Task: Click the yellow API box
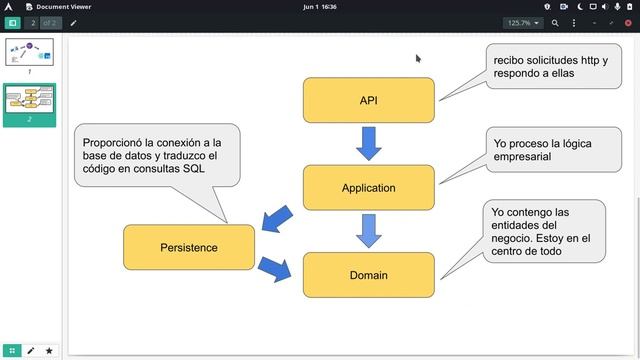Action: (369, 100)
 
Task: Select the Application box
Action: (369, 188)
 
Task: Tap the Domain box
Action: (369, 275)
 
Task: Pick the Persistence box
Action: (189, 247)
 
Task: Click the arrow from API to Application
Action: (369, 143)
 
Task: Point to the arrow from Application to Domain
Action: (369, 231)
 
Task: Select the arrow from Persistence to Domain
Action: (275, 269)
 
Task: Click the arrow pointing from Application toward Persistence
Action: (277, 219)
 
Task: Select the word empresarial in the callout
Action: (522, 157)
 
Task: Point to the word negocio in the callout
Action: (511, 238)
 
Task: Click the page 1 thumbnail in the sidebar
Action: (29, 52)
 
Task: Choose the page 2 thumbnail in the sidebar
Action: (29, 100)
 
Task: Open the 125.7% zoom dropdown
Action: (523, 23)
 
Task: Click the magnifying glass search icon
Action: (555, 23)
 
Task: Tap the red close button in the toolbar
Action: (628, 23)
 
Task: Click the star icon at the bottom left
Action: (49, 351)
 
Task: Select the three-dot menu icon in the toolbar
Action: (574, 23)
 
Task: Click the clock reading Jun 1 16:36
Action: (320, 7)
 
